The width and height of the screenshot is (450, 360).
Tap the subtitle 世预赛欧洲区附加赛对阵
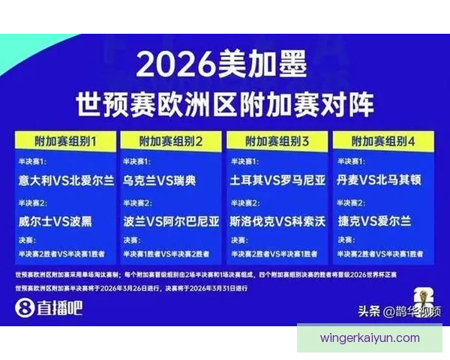click(x=224, y=103)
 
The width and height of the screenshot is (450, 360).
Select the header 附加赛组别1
click(x=65, y=141)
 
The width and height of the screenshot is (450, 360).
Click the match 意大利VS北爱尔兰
click(x=66, y=180)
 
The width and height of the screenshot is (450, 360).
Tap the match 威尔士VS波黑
click(x=57, y=221)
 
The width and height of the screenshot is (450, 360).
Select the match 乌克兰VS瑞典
click(x=160, y=180)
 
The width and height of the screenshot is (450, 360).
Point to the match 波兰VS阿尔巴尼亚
click(x=172, y=221)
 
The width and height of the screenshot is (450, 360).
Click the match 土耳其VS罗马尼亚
click(x=277, y=180)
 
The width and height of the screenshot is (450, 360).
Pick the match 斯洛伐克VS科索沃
click(x=277, y=221)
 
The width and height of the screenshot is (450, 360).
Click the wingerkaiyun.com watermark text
click(x=370, y=338)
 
